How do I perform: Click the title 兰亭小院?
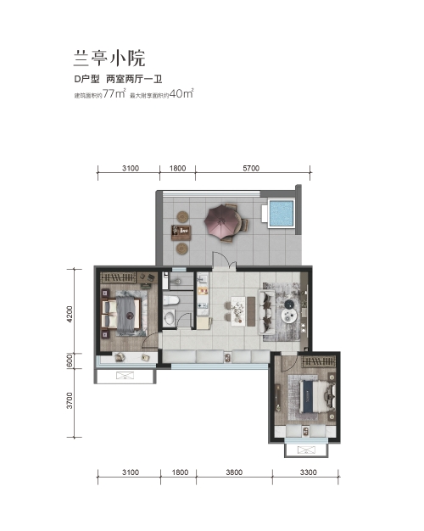point(109,58)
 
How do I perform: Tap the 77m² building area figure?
point(114,93)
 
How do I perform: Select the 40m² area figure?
point(181,93)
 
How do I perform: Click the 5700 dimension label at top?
point(251,168)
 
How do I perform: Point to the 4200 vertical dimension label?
point(70,314)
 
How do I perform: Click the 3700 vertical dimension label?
point(70,400)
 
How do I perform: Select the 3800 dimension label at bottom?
point(234,472)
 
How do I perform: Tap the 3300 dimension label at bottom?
point(308,472)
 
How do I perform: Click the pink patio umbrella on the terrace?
point(220,221)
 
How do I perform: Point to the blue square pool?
point(281,214)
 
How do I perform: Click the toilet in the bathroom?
point(171,300)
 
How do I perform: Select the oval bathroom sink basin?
point(170,318)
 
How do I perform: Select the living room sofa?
point(267,311)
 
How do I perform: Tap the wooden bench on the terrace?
point(181,232)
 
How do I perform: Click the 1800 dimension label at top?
point(177,168)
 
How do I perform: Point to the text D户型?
point(87,79)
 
